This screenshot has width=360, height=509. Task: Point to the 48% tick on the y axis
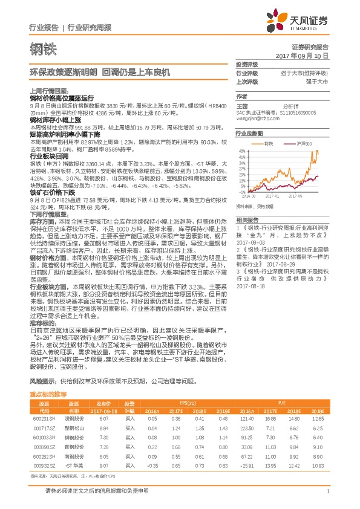click(x=241, y=151)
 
